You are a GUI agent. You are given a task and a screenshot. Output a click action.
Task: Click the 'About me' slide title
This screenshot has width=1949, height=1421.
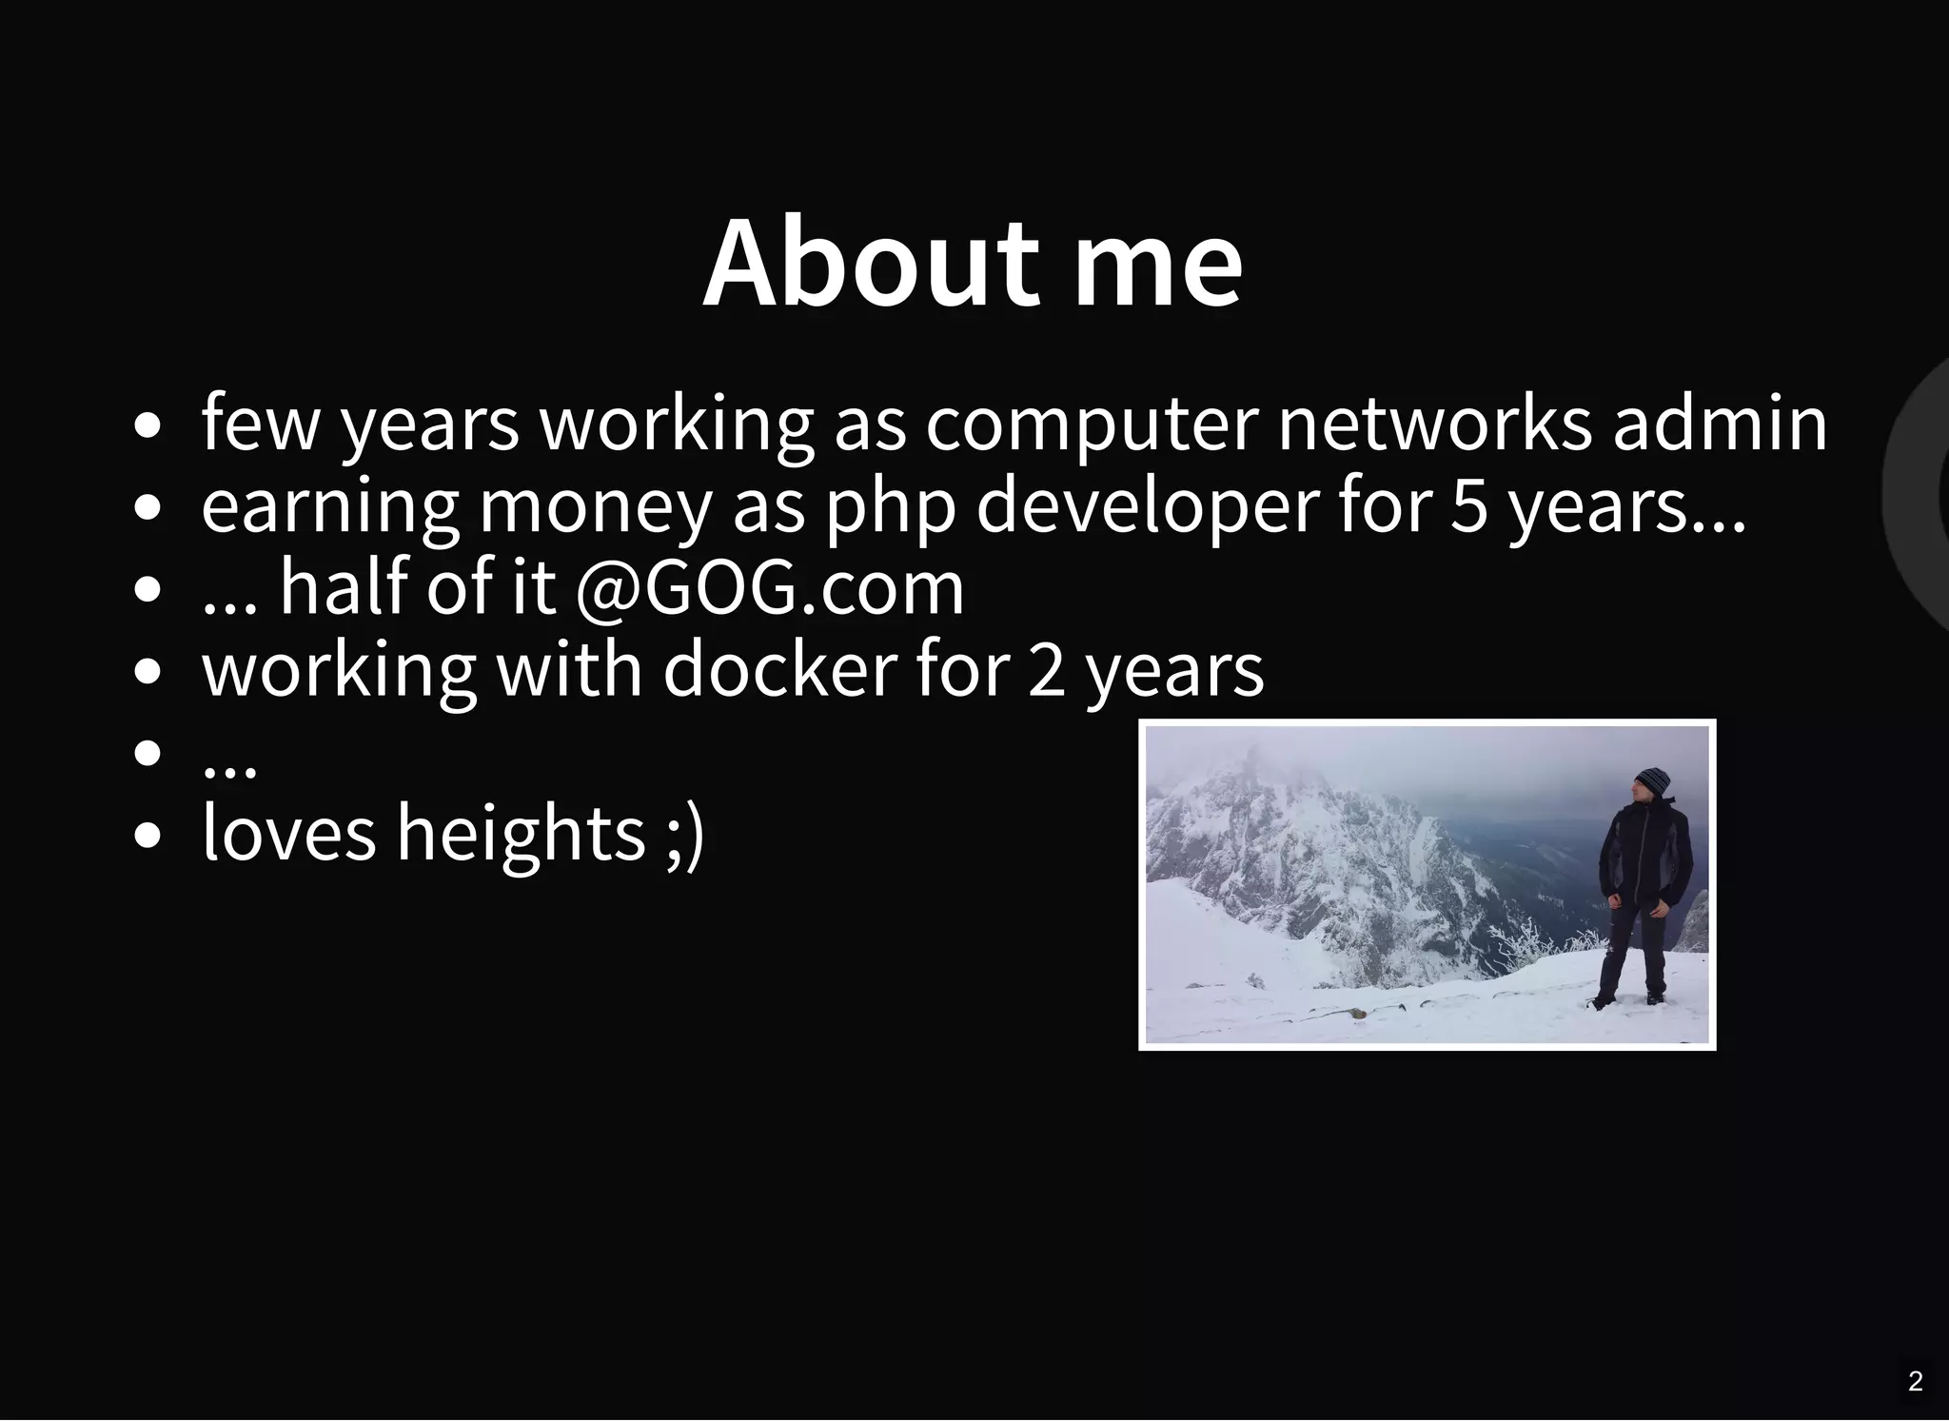click(x=973, y=264)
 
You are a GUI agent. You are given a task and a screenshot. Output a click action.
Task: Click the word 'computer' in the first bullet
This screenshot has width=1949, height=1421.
click(x=1092, y=424)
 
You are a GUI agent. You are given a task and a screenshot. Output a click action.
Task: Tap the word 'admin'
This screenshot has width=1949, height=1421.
click(x=1720, y=424)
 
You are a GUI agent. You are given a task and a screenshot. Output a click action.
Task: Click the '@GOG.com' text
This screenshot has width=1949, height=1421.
click(x=770, y=588)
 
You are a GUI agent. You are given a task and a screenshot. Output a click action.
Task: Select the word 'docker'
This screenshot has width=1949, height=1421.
click(x=779, y=669)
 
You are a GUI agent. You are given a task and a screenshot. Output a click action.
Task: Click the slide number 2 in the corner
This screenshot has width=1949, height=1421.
click(x=1916, y=1381)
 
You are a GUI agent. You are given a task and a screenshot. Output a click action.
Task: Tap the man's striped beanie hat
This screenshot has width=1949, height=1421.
click(x=1654, y=781)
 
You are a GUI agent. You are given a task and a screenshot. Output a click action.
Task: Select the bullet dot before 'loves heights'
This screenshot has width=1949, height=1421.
click(x=148, y=836)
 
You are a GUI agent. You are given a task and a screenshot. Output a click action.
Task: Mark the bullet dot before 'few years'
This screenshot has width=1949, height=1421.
click(x=148, y=425)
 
